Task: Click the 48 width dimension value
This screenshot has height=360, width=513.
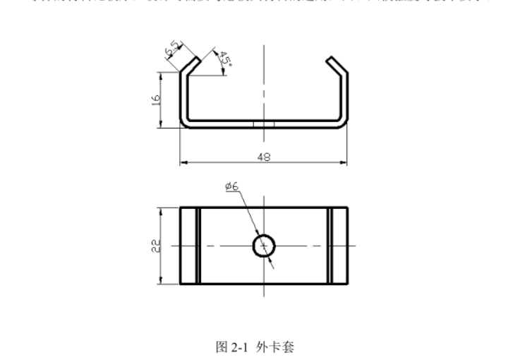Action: click(263, 157)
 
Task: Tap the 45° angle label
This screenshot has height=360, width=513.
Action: click(225, 59)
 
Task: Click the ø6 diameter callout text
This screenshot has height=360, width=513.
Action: click(231, 186)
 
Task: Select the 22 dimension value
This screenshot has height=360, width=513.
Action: click(157, 245)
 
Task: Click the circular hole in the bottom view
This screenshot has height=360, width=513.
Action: click(263, 245)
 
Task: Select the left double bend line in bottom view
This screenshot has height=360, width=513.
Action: click(198, 245)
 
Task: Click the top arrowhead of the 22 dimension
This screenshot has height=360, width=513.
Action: click(163, 210)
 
